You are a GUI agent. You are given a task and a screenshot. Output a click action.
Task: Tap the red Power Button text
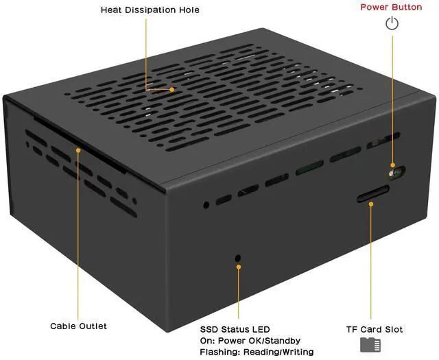pos(392,7)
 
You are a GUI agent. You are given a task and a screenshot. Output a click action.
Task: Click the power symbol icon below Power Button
pos(392,25)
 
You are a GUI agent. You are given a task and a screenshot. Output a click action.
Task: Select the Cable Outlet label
pos(78,326)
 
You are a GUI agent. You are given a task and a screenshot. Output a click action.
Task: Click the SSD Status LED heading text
pos(235,329)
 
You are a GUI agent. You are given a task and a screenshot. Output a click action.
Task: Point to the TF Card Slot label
pos(374,329)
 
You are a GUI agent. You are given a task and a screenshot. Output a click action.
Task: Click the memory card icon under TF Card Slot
pos(370,345)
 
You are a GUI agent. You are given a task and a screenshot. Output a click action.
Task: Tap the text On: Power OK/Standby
pos(250,341)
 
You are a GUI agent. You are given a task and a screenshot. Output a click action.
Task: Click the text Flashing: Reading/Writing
pos(257,352)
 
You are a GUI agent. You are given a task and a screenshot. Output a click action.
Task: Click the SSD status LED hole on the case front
pos(238,258)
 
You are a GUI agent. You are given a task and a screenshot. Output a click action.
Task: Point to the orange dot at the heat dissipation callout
pos(172,88)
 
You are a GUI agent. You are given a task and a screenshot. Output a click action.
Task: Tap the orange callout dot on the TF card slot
pos(371,204)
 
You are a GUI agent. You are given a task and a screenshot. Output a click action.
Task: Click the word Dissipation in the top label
pos(156,10)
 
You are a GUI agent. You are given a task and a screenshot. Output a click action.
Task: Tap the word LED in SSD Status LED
pos(261,329)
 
